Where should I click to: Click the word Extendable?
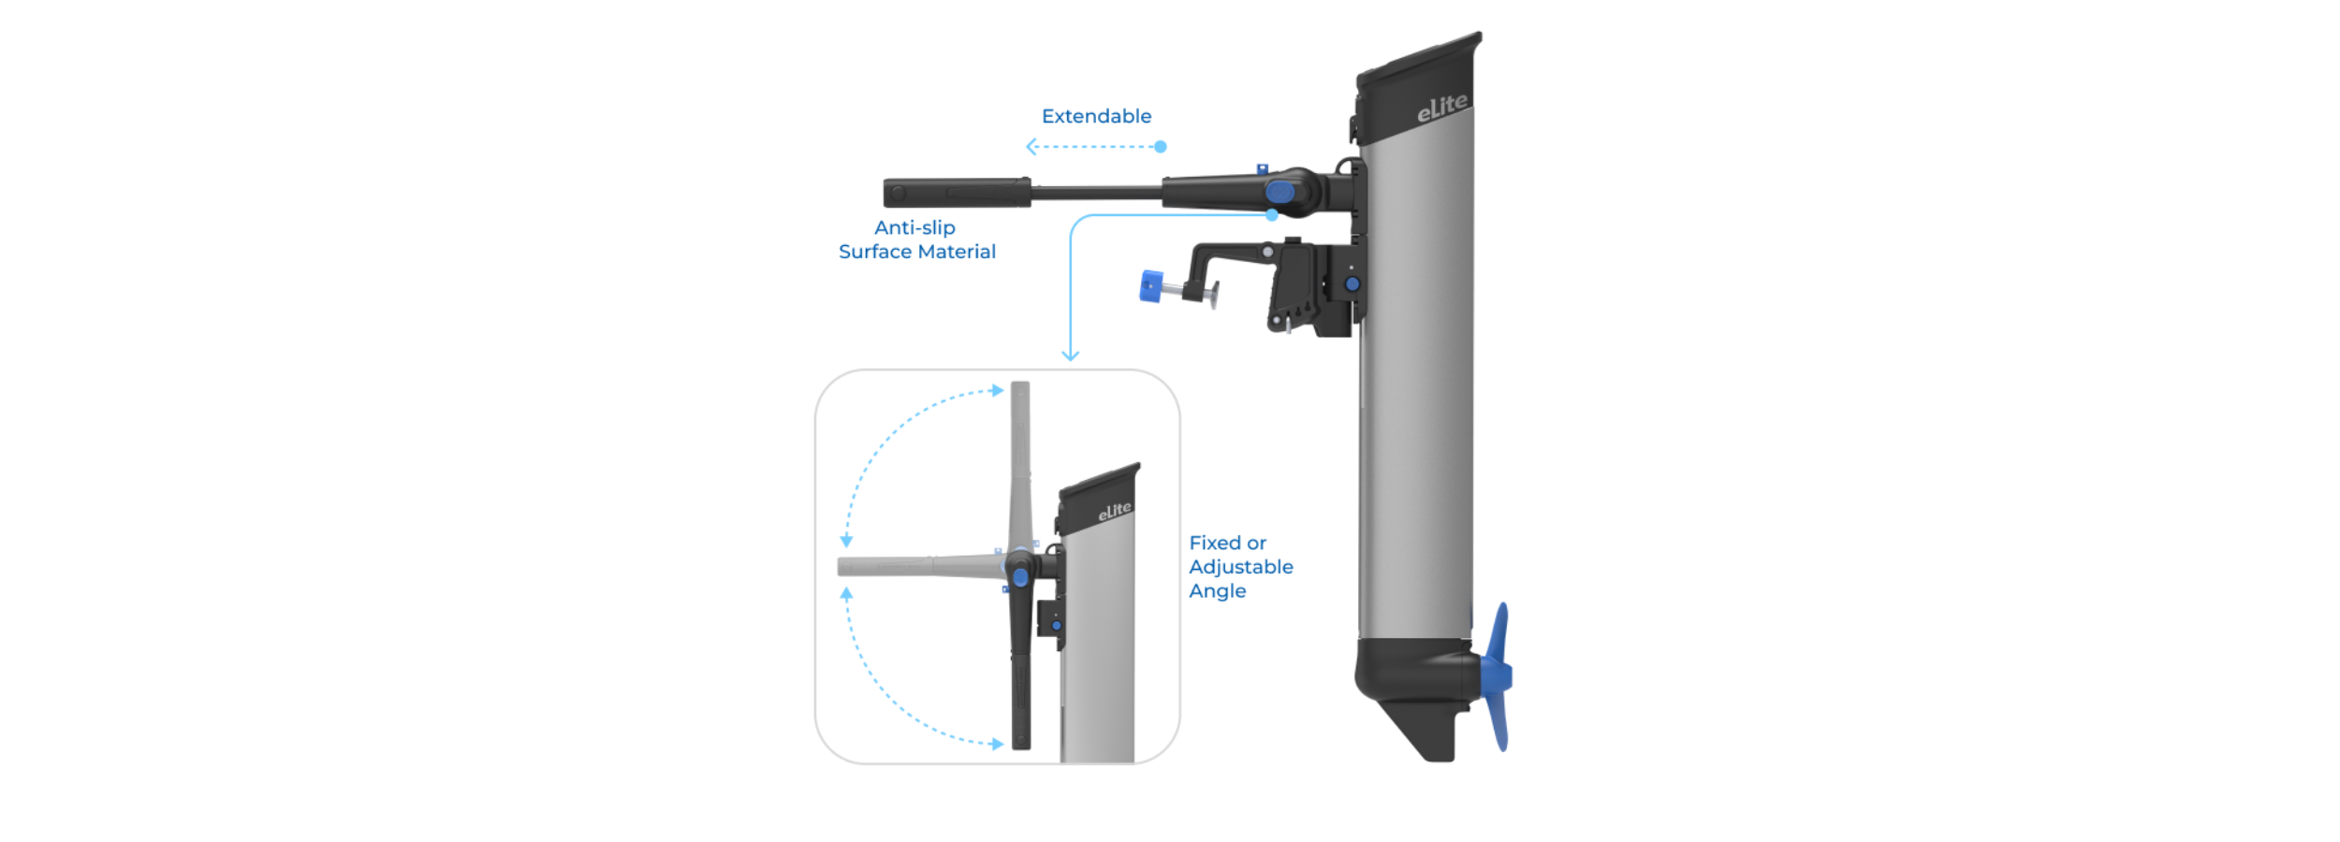coord(1096,116)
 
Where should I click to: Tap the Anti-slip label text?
coord(914,227)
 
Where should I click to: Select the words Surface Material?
coord(916,252)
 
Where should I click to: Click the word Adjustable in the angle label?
coord(1240,567)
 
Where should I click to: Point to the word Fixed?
coord(1214,543)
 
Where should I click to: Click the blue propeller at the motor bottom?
coord(1498,675)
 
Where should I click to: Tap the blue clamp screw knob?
coord(1150,286)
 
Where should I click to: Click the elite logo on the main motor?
coord(1441,108)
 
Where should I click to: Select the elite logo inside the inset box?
coord(1114,511)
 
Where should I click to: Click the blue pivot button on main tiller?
coord(1280,193)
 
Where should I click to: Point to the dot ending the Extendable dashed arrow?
coord(1161,147)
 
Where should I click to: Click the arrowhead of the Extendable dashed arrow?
coord(1031,147)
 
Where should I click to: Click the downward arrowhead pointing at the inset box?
coord(1070,356)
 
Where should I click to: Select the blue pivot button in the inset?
coord(1020,577)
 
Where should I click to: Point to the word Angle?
coord(1217,591)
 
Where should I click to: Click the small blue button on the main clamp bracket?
coord(1352,283)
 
